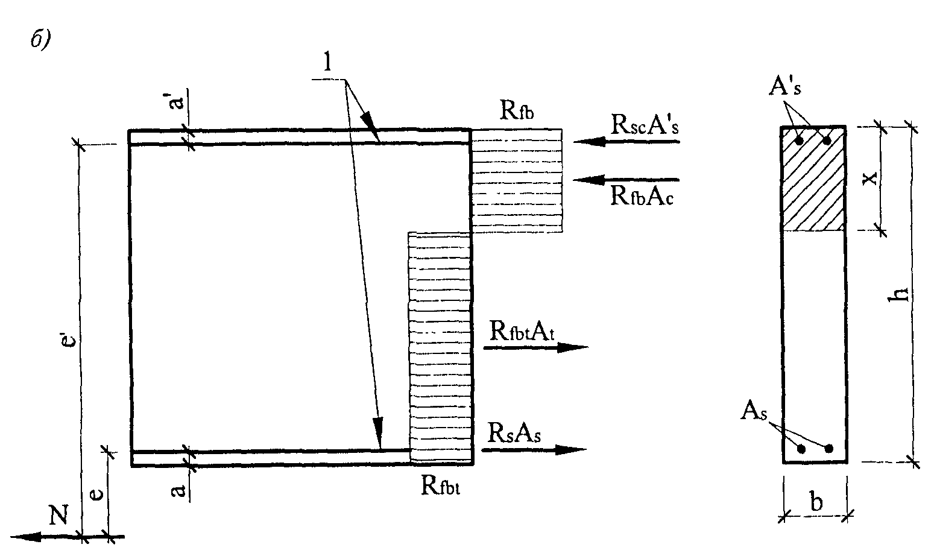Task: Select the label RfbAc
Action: (x=642, y=195)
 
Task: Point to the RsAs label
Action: (x=514, y=432)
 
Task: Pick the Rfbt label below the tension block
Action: (x=444, y=486)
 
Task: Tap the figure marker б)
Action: (x=40, y=41)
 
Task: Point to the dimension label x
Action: (x=869, y=179)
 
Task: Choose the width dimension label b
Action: (x=816, y=502)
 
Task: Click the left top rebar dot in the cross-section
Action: (x=799, y=141)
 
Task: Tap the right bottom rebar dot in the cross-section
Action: (x=829, y=449)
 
